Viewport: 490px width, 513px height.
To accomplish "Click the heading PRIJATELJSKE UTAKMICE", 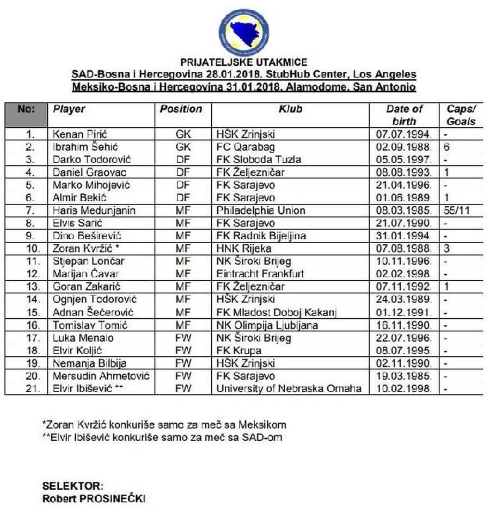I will [x=243, y=63].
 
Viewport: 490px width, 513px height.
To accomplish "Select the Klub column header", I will [x=290, y=109].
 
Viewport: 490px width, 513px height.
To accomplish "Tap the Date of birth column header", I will [x=404, y=115].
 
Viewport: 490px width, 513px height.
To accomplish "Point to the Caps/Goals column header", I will [x=461, y=115].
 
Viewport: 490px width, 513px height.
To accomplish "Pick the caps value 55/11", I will [x=456, y=211].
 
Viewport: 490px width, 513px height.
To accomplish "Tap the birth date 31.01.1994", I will [x=404, y=236].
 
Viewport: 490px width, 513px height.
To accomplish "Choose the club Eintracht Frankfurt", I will [x=260, y=274].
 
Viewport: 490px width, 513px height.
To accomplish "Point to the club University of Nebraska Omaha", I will [x=289, y=389].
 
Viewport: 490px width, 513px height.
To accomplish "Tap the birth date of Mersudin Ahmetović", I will [x=404, y=376].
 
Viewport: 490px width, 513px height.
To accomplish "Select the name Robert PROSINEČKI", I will [x=94, y=498].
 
